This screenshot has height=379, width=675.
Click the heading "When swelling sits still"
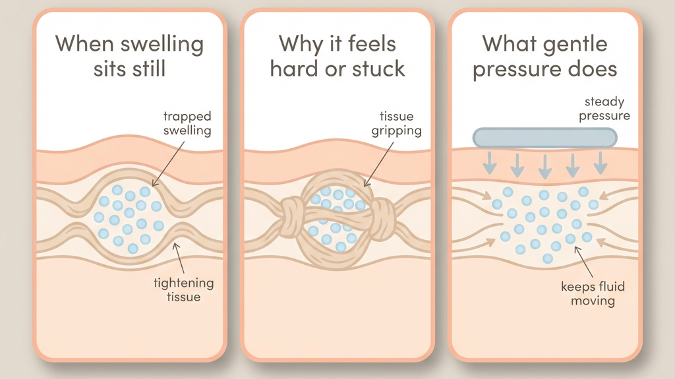point(129,56)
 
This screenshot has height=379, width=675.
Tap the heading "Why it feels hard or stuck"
point(337,56)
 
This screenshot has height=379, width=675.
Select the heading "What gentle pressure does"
point(544,56)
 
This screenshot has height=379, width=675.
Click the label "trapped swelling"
point(187,123)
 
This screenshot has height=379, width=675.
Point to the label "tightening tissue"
point(185,290)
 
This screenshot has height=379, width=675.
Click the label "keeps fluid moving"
point(593,293)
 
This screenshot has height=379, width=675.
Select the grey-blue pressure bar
point(544,137)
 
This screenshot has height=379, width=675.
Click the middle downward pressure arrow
point(544,165)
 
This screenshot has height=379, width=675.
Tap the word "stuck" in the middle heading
point(376,69)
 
